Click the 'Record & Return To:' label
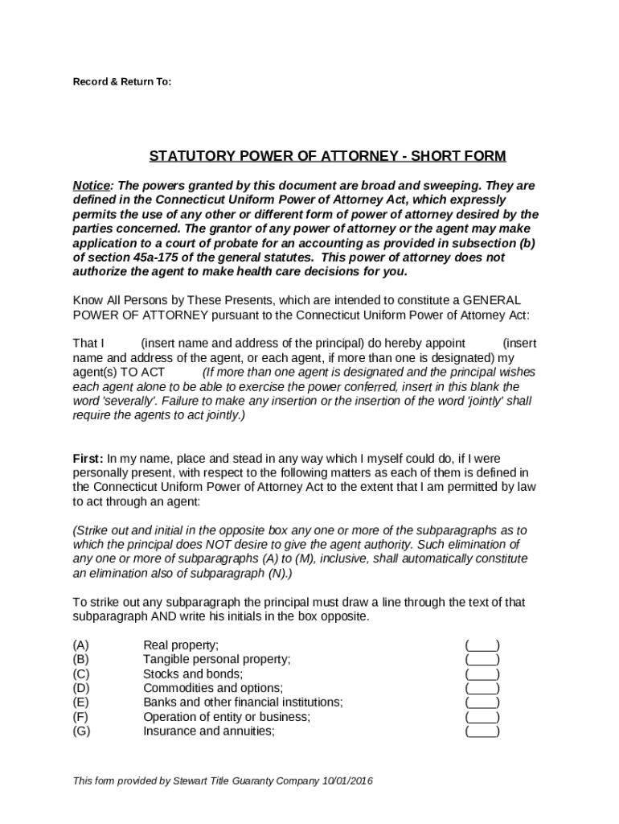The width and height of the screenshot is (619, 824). pyautogui.click(x=122, y=82)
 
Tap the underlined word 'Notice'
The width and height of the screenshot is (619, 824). pyautogui.click(x=90, y=185)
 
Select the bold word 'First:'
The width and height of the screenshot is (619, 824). pyautogui.click(x=88, y=458)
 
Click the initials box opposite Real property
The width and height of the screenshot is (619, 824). pyautogui.click(x=482, y=645)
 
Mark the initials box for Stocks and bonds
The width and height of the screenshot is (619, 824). pyautogui.click(x=482, y=674)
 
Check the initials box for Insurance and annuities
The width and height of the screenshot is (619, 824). pyautogui.click(x=482, y=731)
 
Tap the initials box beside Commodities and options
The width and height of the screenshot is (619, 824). pyautogui.click(x=482, y=688)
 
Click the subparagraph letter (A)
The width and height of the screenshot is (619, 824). pyautogui.click(x=81, y=645)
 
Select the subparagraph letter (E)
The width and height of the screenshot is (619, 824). pyautogui.click(x=81, y=702)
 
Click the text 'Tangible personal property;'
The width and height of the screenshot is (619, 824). pyautogui.click(x=216, y=659)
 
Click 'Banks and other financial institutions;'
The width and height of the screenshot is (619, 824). pyautogui.click(x=242, y=702)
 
